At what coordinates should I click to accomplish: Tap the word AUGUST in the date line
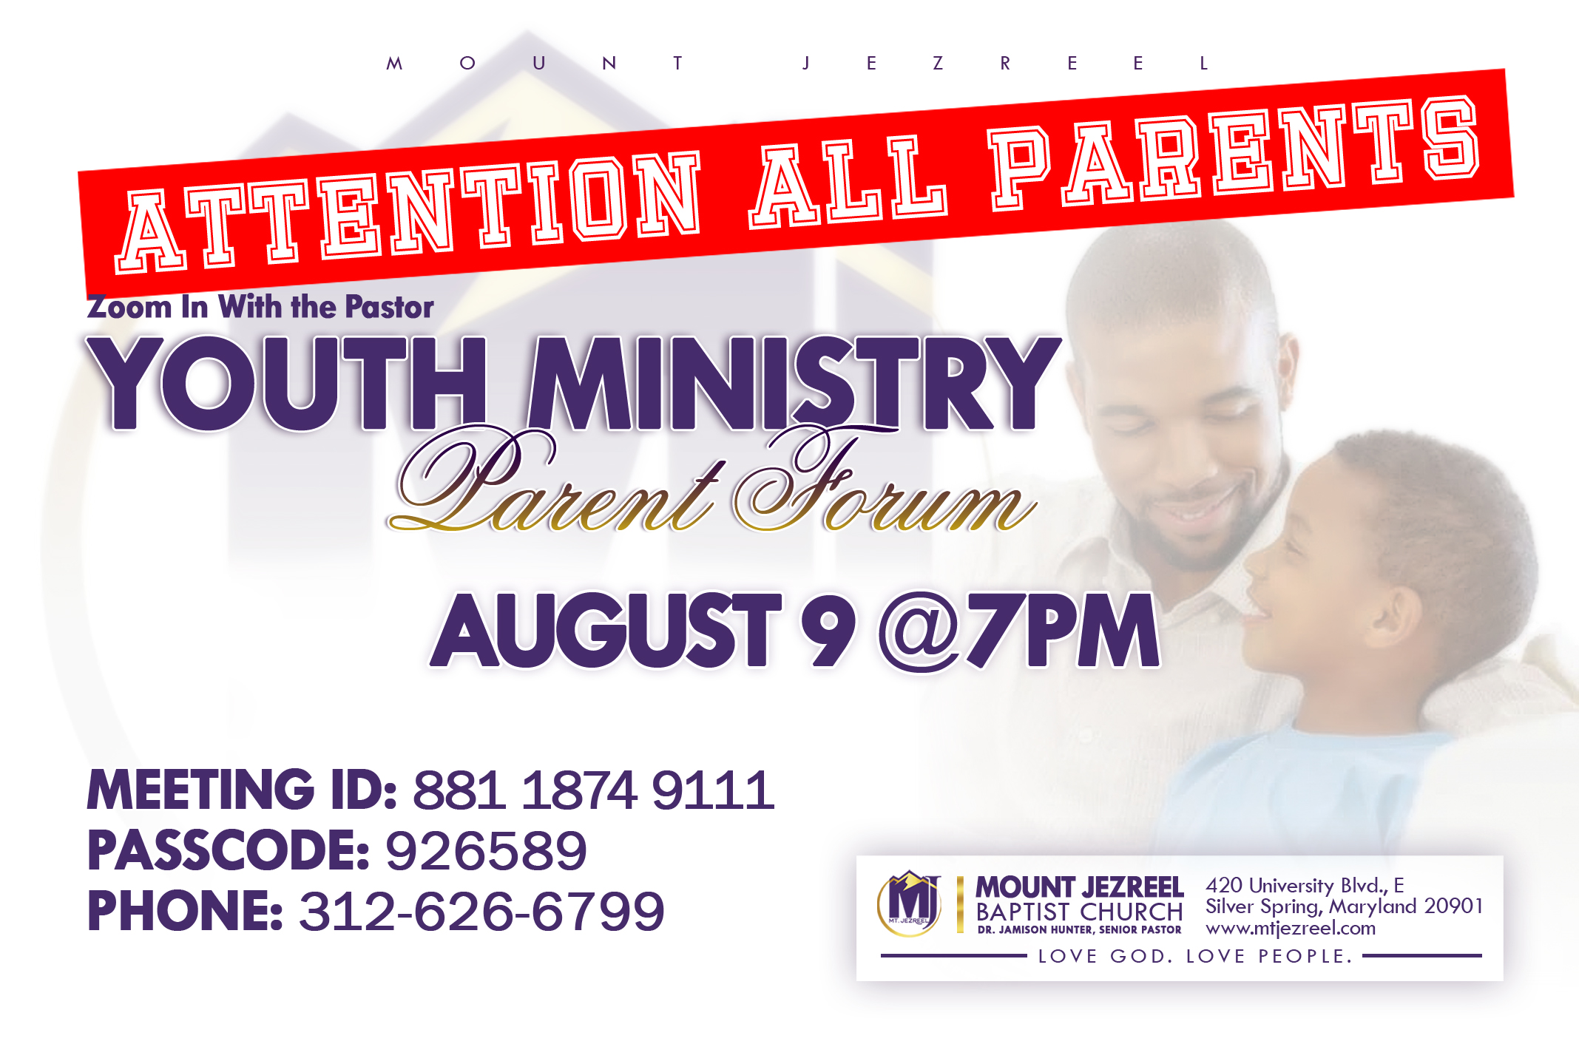coord(606,631)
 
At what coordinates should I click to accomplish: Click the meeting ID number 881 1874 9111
coord(594,790)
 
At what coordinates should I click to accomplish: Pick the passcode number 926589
coord(487,850)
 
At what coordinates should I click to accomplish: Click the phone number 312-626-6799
coord(481,911)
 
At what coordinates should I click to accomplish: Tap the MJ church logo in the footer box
coord(910,904)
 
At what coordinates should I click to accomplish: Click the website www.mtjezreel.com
coord(1291,928)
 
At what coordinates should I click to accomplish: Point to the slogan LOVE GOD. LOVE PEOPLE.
coord(1195,956)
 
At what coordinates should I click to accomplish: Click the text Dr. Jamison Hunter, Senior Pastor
coord(1079,929)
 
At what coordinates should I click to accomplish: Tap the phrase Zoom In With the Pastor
coord(260,307)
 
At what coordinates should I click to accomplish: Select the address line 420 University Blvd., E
coord(1305,885)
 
